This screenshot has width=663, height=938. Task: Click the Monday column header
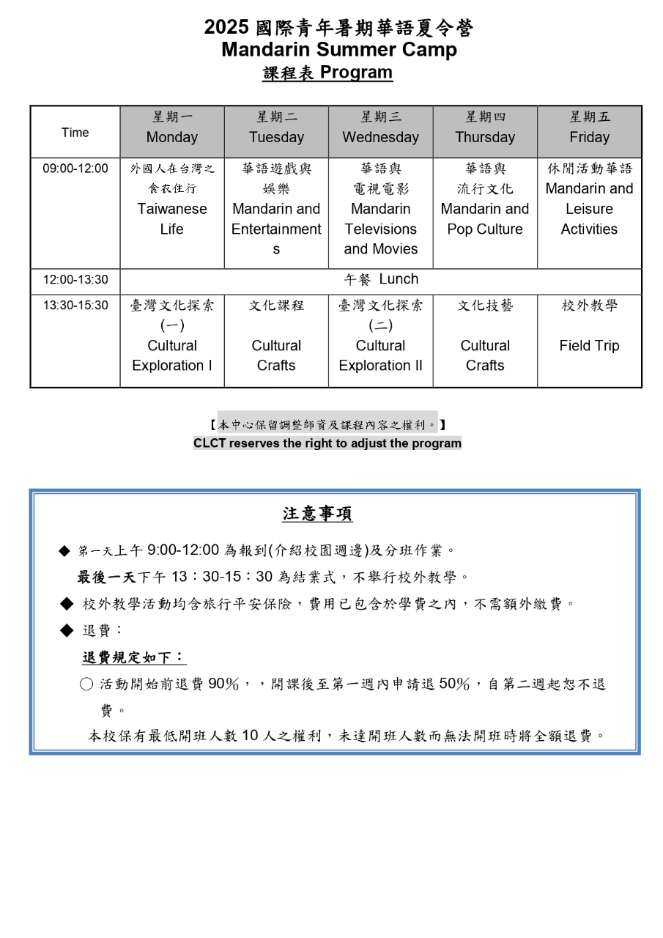(172, 131)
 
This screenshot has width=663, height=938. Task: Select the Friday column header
(589, 131)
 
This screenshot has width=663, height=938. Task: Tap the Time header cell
(75, 133)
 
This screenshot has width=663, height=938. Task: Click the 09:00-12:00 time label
(75, 169)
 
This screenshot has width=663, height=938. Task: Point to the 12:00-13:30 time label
(75, 280)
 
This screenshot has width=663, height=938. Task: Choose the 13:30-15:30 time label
(75, 306)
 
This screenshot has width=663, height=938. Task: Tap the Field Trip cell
(589, 346)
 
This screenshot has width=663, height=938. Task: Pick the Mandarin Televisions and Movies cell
(380, 219)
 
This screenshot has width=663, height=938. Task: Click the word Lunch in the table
(399, 279)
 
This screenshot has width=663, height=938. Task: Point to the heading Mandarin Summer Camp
(338, 50)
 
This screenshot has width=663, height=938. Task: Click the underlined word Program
(356, 73)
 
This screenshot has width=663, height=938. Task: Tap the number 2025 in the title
(227, 28)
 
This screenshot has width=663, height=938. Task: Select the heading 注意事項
(317, 514)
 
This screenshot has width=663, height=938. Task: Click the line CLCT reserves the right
(327, 443)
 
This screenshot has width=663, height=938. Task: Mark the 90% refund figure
(223, 684)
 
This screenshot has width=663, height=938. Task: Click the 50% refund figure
(453, 684)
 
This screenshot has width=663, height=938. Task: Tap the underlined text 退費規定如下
(133, 657)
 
